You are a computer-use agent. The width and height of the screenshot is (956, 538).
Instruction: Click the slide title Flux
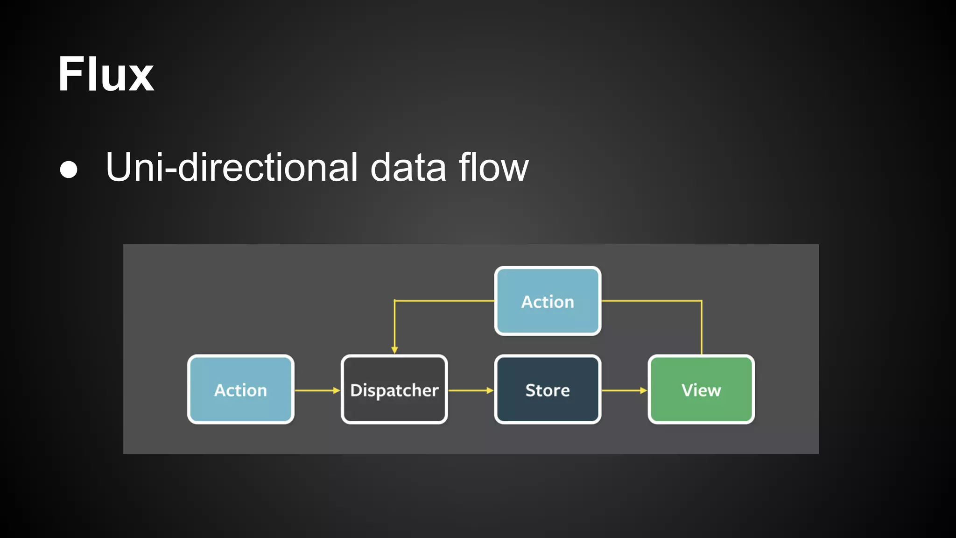pyautogui.click(x=105, y=75)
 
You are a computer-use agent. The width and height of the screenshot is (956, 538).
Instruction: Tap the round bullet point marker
pyautogui.click(x=69, y=169)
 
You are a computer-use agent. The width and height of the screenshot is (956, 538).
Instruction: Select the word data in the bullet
pyautogui.click(x=408, y=167)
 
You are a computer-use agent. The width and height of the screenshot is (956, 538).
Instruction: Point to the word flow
pyautogui.click(x=493, y=167)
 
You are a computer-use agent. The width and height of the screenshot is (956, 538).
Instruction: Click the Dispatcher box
pyautogui.click(x=394, y=389)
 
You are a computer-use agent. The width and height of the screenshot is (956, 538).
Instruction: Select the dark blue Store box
pyautogui.click(x=548, y=389)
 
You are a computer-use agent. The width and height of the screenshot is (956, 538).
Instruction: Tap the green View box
pyautogui.click(x=701, y=389)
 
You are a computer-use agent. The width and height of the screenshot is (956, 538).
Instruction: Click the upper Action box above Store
pyautogui.click(x=548, y=301)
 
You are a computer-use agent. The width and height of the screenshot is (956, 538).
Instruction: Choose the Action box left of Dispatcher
pyautogui.click(x=241, y=389)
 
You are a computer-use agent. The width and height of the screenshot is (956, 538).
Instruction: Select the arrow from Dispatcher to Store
pyautogui.click(x=471, y=390)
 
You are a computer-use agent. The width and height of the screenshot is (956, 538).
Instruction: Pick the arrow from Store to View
pyautogui.click(x=624, y=390)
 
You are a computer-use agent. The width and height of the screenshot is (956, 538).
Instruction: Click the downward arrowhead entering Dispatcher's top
pyautogui.click(x=394, y=350)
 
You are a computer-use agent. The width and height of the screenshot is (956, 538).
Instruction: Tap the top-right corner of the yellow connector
pyautogui.click(x=701, y=301)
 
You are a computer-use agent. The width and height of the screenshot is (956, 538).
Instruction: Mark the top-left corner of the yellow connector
pyautogui.click(x=395, y=301)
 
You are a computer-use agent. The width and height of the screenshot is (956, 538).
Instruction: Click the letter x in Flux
pyautogui.click(x=141, y=77)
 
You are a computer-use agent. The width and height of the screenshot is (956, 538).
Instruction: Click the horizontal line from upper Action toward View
pyautogui.click(x=651, y=301)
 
